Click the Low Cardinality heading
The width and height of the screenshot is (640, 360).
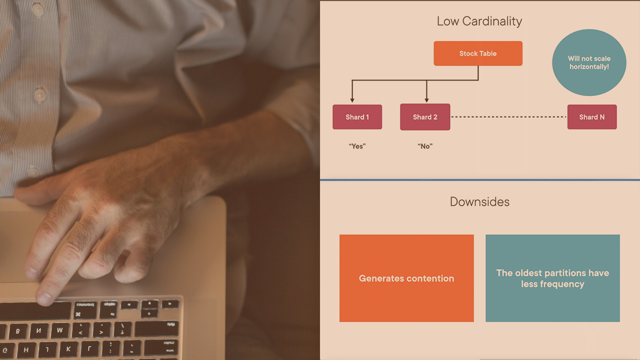[479, 21]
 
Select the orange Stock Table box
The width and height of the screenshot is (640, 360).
[478, 53]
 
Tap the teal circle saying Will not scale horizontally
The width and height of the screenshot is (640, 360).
[589, 62]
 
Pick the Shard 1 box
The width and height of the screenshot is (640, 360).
[357, 117]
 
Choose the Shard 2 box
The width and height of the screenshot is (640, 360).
[425, 117]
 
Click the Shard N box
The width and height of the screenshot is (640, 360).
[591, 117]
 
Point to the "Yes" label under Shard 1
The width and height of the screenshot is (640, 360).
[357, 146]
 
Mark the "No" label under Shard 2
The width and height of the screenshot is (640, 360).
[425, 146]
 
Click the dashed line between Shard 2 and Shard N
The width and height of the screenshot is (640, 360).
[508, 117]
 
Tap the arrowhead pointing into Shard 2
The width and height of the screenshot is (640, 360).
[426, 99]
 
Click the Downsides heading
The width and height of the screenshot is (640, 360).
[479, 201]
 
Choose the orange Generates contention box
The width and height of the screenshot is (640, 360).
[406, 278]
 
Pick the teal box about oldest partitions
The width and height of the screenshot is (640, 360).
[552, 278]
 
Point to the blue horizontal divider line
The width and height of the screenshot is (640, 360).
[479, 179]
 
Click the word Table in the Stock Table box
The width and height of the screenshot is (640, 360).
[487, 53]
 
